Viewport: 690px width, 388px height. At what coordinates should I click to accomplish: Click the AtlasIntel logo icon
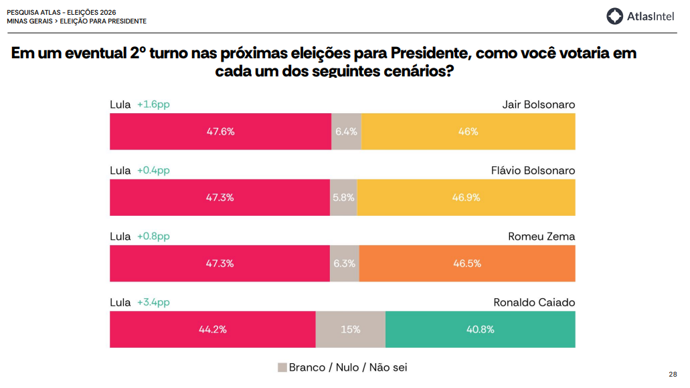(x=615, y=16)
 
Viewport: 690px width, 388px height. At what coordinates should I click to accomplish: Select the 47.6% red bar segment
(x=220, y=131)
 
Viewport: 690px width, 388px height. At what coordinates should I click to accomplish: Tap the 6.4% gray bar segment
(x=346, y=131)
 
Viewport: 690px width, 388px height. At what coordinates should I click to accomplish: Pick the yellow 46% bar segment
(x=468, y=131)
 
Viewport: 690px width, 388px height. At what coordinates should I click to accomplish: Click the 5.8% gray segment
(x=343, y=198)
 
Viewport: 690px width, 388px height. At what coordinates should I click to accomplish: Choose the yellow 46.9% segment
(x=466, y=198)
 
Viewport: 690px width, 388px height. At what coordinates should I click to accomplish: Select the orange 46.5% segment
(x=467, y=263)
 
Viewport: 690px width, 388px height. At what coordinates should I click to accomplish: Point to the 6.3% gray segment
(x=345, y=263)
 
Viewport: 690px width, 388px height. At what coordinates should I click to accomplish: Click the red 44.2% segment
(x=213, y=330)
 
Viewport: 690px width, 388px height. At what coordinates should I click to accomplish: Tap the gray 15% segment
(x=351, y=330)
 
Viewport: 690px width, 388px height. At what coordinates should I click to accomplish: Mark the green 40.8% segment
(x=481, y=330)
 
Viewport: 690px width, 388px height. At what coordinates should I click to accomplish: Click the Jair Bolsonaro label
(x=538, y=105)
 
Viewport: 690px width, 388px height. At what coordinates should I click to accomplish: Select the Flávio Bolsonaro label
(x=533, y=170)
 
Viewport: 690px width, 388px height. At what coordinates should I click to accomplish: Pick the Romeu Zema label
(x=541, y=237)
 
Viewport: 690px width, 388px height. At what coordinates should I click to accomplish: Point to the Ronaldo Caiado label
(x=534, y=302)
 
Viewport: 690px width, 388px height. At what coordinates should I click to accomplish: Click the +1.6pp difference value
(x=153, y=105)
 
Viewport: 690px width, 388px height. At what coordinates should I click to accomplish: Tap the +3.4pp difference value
(x=153, y=302)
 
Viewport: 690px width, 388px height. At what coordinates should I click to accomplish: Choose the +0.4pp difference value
(x=153, y=170)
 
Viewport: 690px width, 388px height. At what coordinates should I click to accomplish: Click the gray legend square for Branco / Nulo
(x=282, y=367)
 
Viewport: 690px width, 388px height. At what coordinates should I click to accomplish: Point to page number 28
(x=673, y=374)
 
